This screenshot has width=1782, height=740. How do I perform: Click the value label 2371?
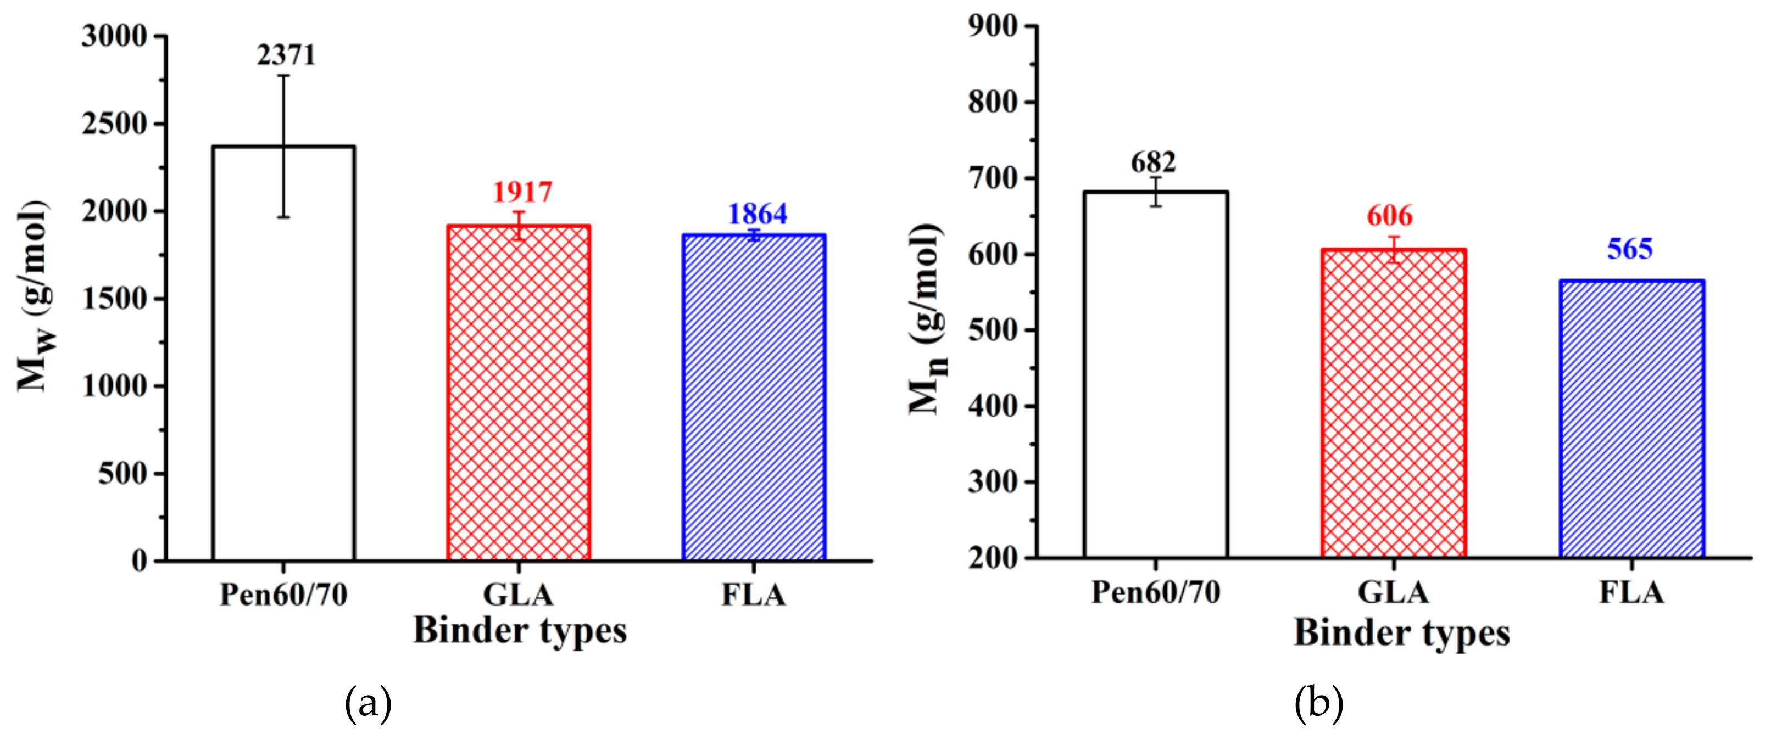(286, 55)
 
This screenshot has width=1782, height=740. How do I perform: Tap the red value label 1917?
(522, 192)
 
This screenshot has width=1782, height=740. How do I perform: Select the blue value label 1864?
(757, 215)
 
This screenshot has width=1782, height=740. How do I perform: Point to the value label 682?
(1153, 162)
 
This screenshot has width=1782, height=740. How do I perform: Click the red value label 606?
(1389, 216)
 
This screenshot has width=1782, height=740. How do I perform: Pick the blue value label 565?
(1629, 249)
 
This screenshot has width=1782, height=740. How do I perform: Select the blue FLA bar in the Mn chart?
(1631, 419)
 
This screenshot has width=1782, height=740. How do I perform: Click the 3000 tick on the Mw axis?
(115, 36)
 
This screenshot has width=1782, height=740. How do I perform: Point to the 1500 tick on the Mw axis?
(115, 299)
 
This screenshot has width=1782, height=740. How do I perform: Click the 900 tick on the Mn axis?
(993, 26)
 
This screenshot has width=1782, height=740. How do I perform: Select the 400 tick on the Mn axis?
(993, 406)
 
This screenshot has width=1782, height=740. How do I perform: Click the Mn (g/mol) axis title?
(927, 318)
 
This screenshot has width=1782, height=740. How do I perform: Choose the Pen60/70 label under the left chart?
(283, 595)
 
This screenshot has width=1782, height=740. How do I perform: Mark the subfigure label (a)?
(368, 703)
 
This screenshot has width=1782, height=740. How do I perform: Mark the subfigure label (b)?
(1318, 703)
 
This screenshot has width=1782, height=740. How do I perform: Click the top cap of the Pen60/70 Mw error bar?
(283, 75)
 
